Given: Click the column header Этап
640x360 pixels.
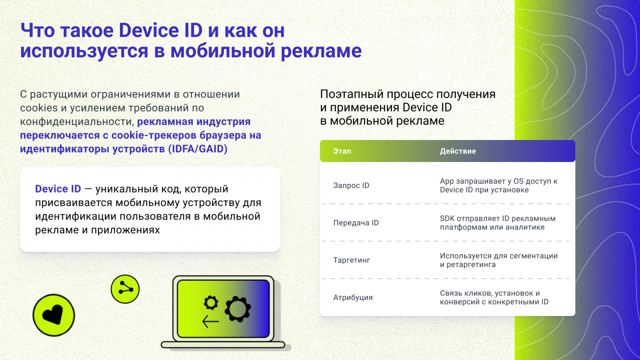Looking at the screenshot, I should coord(342,151).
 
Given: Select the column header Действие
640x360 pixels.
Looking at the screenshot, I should coord(458,151).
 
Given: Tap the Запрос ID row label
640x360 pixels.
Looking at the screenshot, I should coord(351,186).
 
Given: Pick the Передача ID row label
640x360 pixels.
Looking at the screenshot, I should coord(356,223).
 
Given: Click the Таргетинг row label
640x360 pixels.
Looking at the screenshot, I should coord(352,260).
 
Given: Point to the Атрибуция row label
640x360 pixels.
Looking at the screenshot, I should coord(353,298).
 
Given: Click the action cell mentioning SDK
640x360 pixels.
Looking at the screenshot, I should coord(497,223).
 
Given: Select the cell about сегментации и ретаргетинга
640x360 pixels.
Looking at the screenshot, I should coord(498,260).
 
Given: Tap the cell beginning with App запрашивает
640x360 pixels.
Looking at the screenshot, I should coord(498,186).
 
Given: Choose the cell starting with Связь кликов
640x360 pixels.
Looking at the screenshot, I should coord(494,298).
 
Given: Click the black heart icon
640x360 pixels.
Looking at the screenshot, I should coord(53,315).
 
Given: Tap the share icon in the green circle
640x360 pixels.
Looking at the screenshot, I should coord(125,289).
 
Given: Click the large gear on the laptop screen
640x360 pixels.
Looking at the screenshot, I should coord(238,309).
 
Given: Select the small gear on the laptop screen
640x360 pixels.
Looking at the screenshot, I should coord(211,302).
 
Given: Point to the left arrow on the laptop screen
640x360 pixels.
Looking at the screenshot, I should coord(210,321).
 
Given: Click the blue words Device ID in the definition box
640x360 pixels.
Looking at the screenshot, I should coord(58,189).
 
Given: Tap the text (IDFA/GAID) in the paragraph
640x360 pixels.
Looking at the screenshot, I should coord(198,149).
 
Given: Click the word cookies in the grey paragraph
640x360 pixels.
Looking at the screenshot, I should coord(39,108).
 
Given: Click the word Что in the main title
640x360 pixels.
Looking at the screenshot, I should coord(37,30).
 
